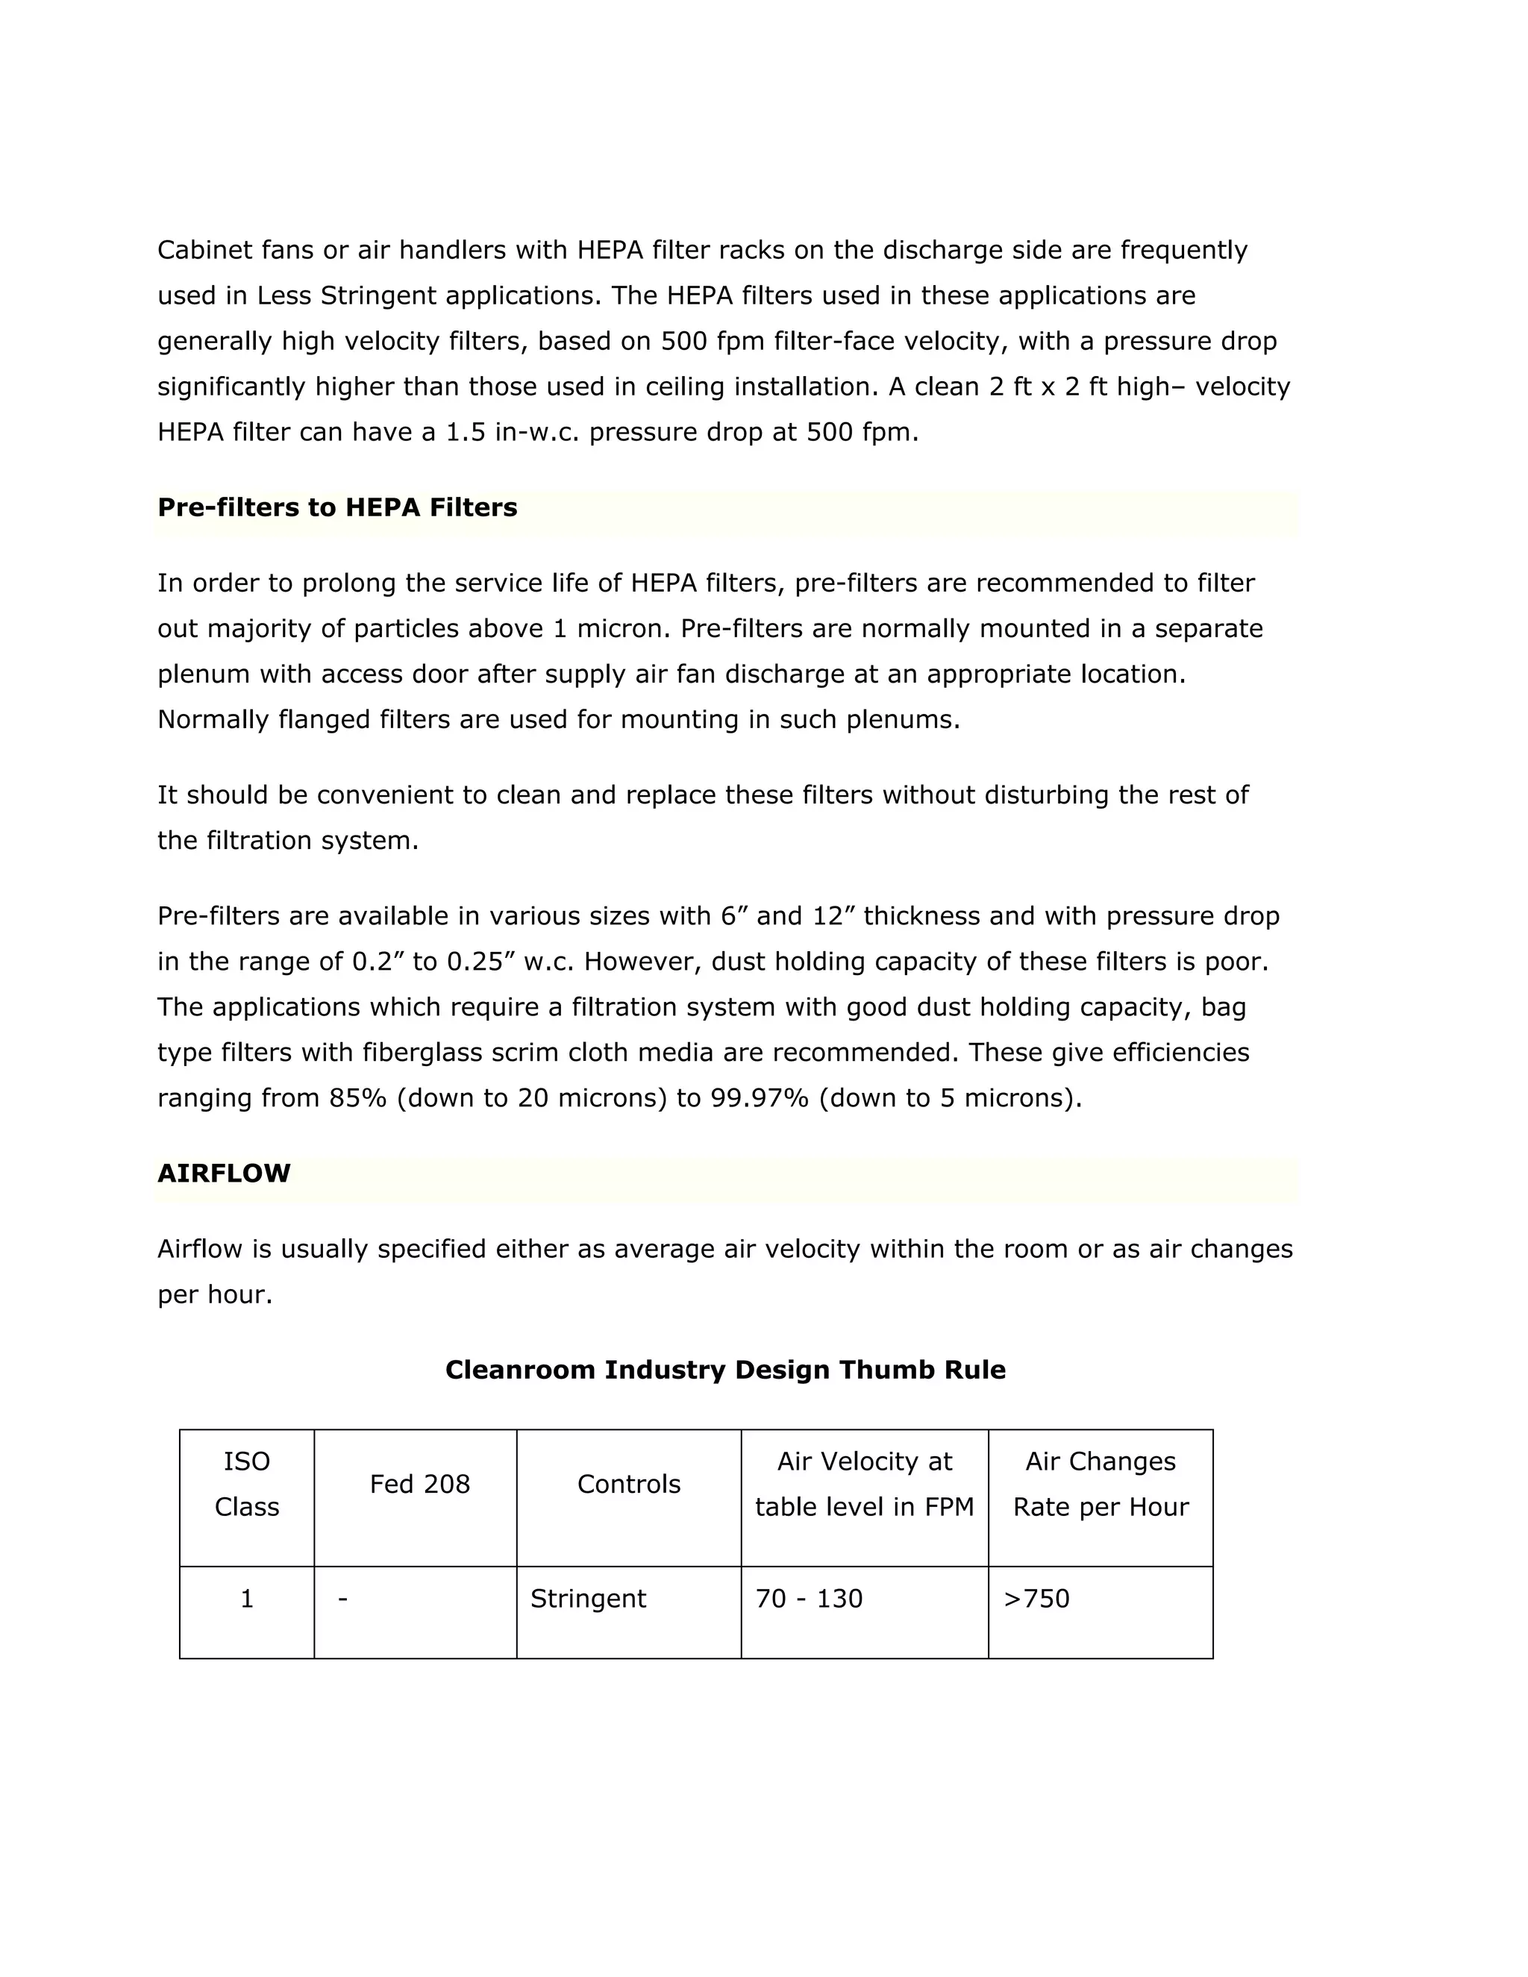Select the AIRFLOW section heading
[224, 1174]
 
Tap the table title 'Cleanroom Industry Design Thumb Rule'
[725, 1370]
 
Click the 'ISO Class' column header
[246, 1485]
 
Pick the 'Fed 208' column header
[419, 1485]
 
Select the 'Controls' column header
[628, 1485]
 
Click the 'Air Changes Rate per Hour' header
[1100, 1485]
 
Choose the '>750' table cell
[1036, 1599]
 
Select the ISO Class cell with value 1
[246, 1599]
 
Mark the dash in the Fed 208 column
[342, 1599]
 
